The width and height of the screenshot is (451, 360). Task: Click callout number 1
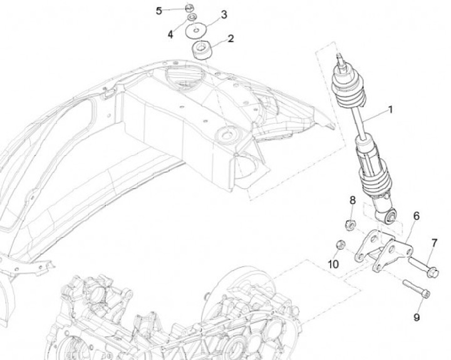click(x=390, y=110)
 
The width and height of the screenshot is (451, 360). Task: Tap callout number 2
click(x=231, y=39)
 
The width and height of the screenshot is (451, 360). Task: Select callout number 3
click(x=224, y=14)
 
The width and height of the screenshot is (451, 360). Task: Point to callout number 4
click(x=170, y=34)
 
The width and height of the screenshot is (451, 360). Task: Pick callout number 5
click(x=158, y=11)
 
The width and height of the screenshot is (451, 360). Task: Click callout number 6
click(x=415, y=217)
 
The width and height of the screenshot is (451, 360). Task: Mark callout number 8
click(x=353, y=200)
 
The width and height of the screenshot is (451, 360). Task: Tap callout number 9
click(x=417, y=317)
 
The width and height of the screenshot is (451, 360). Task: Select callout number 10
click(x=333, y=264)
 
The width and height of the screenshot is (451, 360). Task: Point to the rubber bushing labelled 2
click(x=202, y=49)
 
